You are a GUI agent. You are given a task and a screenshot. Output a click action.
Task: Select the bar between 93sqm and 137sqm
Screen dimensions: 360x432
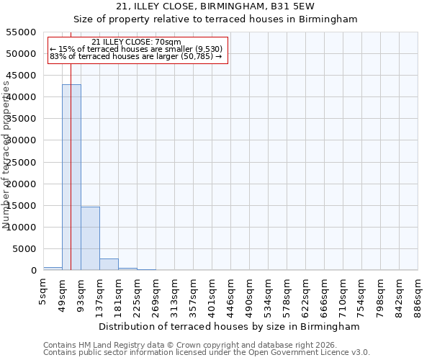coord(90,238)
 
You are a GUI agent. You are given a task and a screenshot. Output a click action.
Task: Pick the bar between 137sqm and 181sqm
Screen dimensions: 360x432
coord(109,264)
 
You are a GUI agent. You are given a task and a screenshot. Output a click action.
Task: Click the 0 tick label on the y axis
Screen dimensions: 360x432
coord(33,271)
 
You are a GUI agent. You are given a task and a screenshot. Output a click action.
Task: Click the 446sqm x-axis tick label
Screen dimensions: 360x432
coord(231,292)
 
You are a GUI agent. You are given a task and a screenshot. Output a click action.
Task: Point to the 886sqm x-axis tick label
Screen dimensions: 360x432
coord(418,292)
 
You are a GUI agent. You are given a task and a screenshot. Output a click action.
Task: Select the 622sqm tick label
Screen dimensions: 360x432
coord(306,292)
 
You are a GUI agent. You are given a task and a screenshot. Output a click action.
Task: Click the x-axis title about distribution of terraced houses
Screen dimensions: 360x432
coord(228,326)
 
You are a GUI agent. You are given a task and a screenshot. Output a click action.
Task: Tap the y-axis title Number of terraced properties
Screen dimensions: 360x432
coord(6,155)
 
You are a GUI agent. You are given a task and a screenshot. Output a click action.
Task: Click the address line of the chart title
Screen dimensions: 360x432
coord(215,6)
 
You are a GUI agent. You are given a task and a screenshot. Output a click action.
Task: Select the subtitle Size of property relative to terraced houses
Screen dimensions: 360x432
coord(215,19)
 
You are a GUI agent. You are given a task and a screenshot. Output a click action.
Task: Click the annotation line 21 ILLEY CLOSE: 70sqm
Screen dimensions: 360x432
coord(137,42)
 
